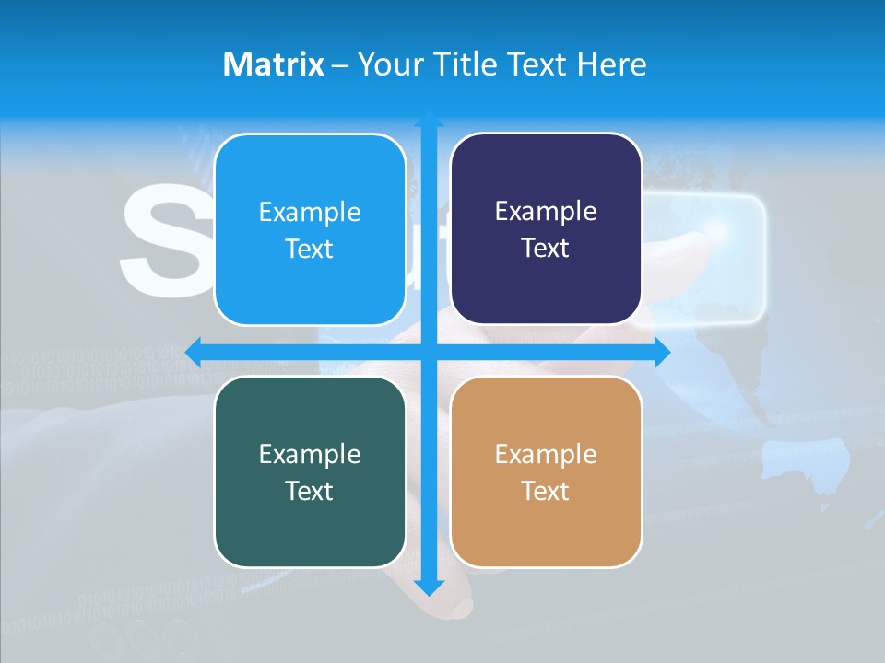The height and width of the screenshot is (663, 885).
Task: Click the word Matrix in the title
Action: pyautogui.click(x=273, y=64)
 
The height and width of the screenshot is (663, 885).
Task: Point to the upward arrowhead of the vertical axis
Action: pyautogui.click(x=429, y=120)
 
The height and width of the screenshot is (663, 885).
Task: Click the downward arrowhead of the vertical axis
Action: pyautogui.click(x=429, y=587)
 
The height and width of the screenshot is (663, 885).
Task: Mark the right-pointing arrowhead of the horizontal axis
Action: pyautogui.click(x=662, y=352)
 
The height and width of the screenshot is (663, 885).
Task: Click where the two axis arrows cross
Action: pyautogui.click(x=429, y=352)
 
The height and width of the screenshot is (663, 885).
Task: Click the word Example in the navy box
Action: pyautogui.click(x=546, y=212)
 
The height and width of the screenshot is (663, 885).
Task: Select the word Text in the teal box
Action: pyautogui.click(x=309, y=491)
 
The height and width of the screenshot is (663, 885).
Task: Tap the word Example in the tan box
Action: pyautogui.click(x=546, y=454)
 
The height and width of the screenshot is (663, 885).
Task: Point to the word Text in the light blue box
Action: pyautogui.click(x=309, y=249)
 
